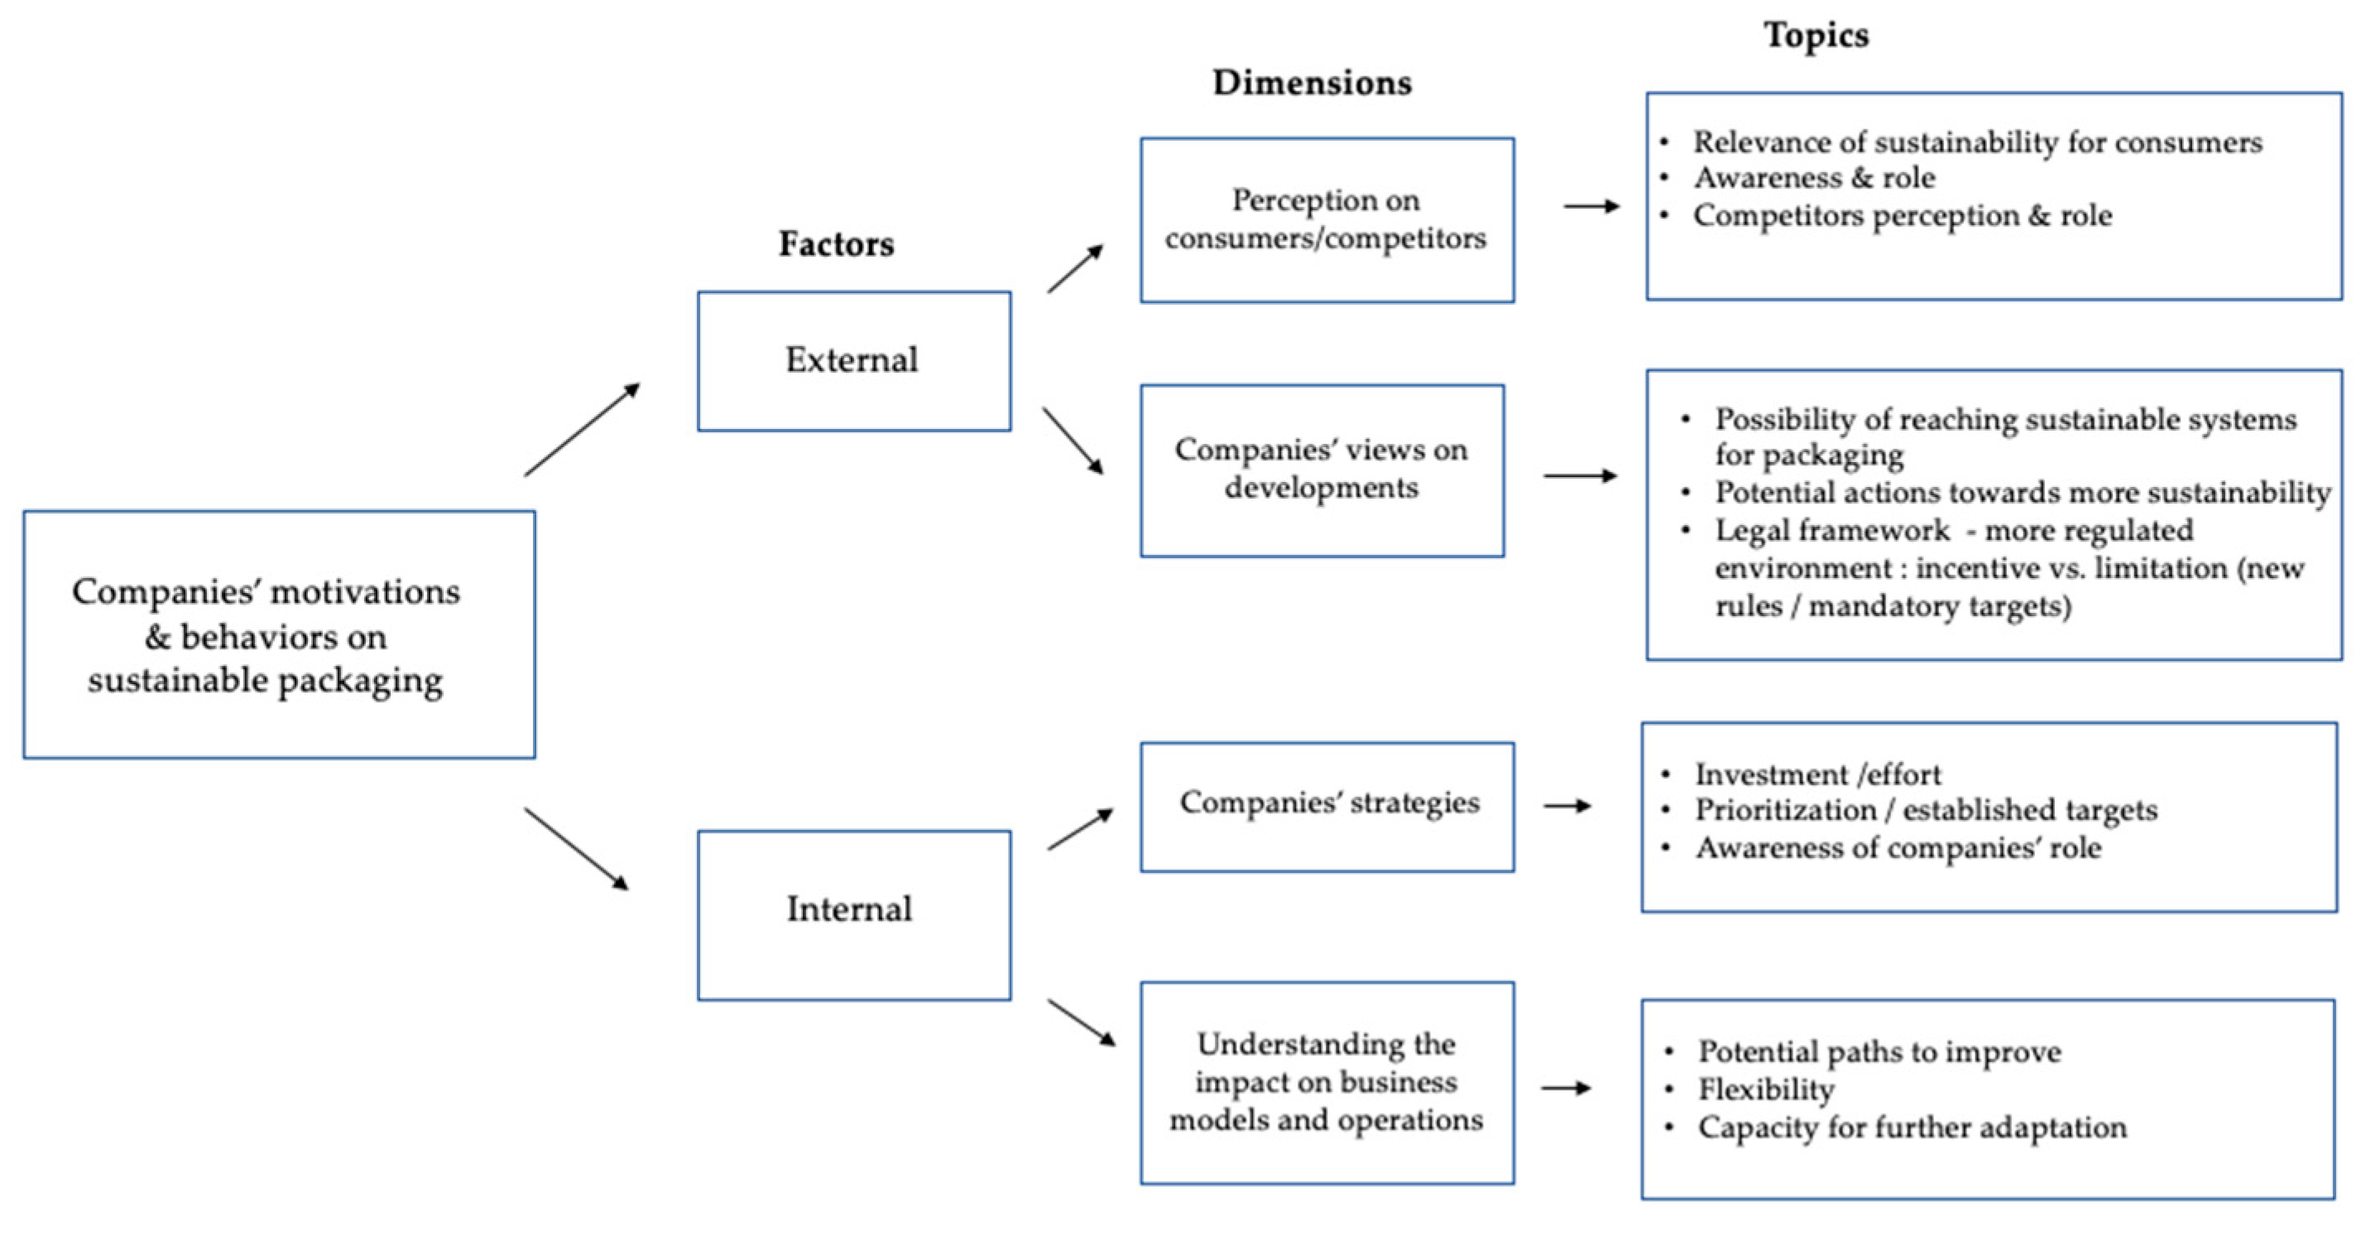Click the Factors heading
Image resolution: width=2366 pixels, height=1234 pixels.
[x=836, y=244]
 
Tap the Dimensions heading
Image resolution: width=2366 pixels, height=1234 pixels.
[x=1312, y=83]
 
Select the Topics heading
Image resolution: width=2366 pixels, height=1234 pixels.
[x=1816, y=35]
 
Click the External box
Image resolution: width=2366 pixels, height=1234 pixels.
[x=853, y=360]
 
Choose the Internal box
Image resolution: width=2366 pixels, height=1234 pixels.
[x=853, y=914]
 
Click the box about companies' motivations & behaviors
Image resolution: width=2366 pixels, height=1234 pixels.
[x=278, y=634]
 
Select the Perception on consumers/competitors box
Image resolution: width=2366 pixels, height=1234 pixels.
[x=1327, y=219]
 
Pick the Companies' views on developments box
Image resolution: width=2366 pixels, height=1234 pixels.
[x=1322, y=470]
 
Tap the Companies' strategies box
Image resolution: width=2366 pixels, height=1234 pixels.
[x=1327, y=806]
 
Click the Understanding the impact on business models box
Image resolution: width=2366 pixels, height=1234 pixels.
[x=1327, y=1082]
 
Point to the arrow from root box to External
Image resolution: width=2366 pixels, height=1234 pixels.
[x=582, y=429]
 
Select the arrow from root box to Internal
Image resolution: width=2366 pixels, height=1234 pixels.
[x=577, y=849]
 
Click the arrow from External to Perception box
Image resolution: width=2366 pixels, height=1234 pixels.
[x=1075, y=268]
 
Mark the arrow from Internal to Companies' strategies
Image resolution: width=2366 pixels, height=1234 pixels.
[x=1080, y=829]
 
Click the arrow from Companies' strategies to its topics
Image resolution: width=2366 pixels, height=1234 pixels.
[x=1567, y=806]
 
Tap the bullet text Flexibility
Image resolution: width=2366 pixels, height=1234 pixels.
[x=1765, y=1090]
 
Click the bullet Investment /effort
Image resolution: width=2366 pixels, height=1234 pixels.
[x=1817, y=774]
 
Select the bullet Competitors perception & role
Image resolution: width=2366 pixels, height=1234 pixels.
[x=1903, y=216]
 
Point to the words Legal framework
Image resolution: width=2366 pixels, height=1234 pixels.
[x=1831, y=531]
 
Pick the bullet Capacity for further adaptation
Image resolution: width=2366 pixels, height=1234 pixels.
[x=1912, y=1127]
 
